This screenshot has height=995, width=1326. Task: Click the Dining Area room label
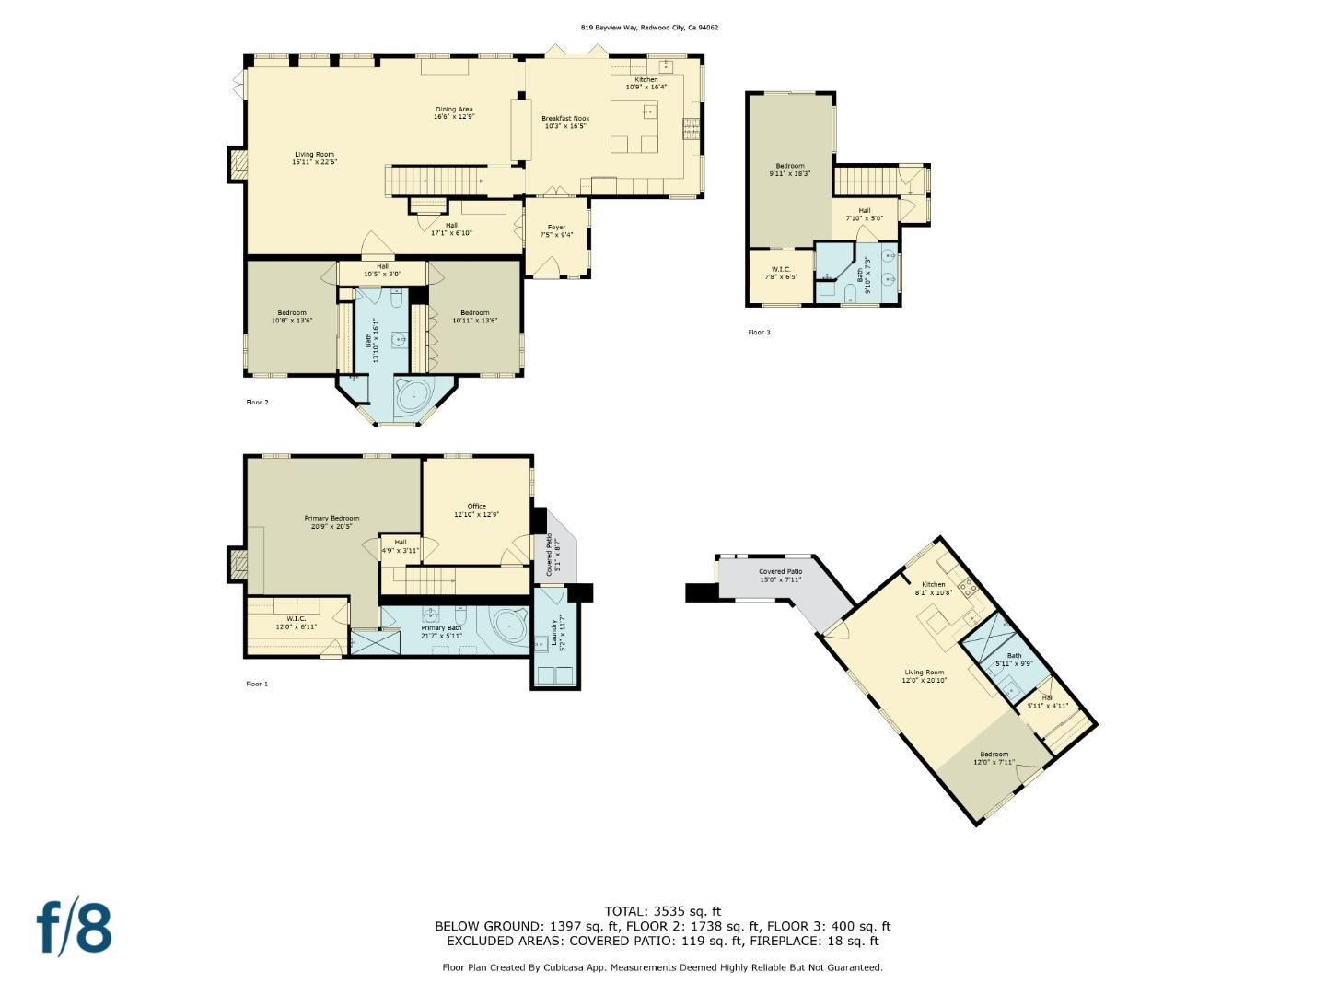[453, 113]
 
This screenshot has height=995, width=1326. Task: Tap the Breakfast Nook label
[565, 122]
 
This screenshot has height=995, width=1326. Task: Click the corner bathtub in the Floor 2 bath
[413, 397]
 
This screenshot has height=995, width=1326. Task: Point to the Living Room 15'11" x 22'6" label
[314, 158]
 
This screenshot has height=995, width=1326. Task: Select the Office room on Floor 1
[476, 510]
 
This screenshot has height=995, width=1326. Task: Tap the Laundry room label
[554, 636]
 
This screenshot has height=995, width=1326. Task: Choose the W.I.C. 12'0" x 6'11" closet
[296, 623]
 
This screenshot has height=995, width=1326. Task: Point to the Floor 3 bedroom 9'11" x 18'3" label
[789, 170]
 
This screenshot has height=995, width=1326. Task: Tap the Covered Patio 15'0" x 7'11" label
[780, 576]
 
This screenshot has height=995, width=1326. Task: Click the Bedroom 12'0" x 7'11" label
[994, 758]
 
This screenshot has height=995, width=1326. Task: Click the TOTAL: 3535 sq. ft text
[662, 911]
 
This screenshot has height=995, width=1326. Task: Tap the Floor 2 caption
[257, 403]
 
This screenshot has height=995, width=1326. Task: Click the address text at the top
[649, 28]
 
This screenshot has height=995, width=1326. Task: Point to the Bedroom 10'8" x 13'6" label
[291, 317]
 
